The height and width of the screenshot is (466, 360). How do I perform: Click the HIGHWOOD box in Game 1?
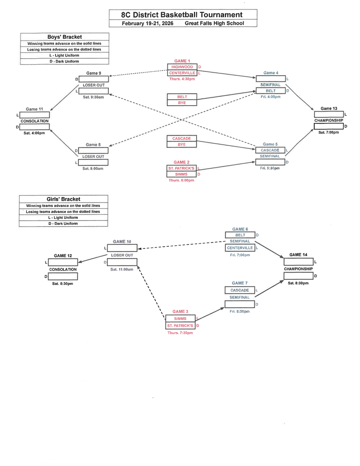[182, 67]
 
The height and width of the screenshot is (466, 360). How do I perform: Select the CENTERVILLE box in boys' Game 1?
[182, 73]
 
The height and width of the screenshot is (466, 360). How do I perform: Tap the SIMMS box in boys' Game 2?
[181, 174]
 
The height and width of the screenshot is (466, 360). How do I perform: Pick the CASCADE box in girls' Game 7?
[239, 290]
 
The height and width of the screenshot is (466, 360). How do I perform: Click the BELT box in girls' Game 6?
[240, 235]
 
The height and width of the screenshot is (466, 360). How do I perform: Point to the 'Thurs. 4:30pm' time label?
[182, 79]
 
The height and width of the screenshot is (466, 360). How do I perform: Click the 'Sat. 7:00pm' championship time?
[328, 132]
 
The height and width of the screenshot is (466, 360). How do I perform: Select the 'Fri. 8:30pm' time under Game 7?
[239, 311]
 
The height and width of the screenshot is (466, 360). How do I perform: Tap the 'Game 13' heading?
[329, 109]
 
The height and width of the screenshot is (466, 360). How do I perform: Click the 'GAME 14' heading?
[299, 255]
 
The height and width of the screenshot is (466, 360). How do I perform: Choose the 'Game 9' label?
[93, 73]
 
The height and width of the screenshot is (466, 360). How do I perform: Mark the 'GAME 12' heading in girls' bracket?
[63, 256]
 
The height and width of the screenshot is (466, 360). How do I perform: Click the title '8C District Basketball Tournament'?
[183, 15]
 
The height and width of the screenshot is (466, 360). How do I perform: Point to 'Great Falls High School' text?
[214, 23]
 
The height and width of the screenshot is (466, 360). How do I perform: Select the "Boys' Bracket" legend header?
[65, 37]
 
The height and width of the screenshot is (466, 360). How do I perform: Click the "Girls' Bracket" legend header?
[64, 199]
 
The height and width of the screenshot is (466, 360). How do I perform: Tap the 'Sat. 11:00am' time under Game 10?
[122, 269]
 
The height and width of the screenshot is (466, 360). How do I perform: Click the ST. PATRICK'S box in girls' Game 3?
[180, 326]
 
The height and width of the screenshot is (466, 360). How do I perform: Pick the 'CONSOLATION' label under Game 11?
[34, 121]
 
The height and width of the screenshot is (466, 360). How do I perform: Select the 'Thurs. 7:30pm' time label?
[180, 333]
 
